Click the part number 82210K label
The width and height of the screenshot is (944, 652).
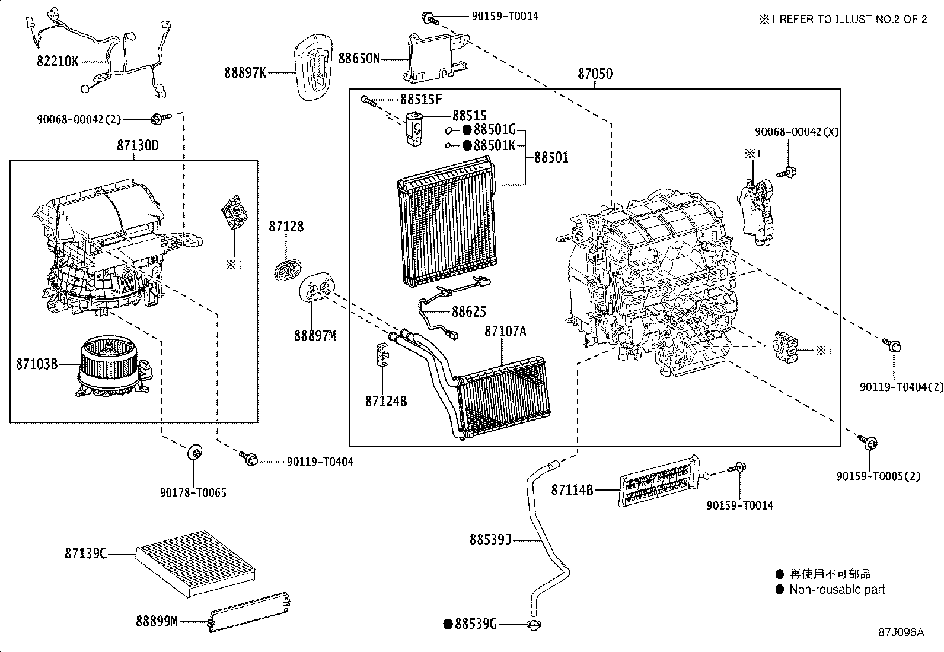click(x=58, y=61)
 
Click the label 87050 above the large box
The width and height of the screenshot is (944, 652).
click(x=595, y=74)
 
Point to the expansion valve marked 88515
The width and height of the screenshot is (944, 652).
click(x=414, y=126)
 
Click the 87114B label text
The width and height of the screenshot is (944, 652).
click(x=572, y=490)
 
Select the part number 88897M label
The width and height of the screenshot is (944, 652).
click(x=315, y=336)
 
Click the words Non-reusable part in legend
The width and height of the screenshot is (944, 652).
click(x=837, y=590)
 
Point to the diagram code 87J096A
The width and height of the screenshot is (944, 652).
click(x=901, y=632)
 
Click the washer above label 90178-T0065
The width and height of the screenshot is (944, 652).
click(x=194, y=452)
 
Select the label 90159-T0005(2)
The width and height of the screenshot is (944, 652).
click(x=878, y=476)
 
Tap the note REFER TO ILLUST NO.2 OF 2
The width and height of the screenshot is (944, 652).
click(x=851, y=19)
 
